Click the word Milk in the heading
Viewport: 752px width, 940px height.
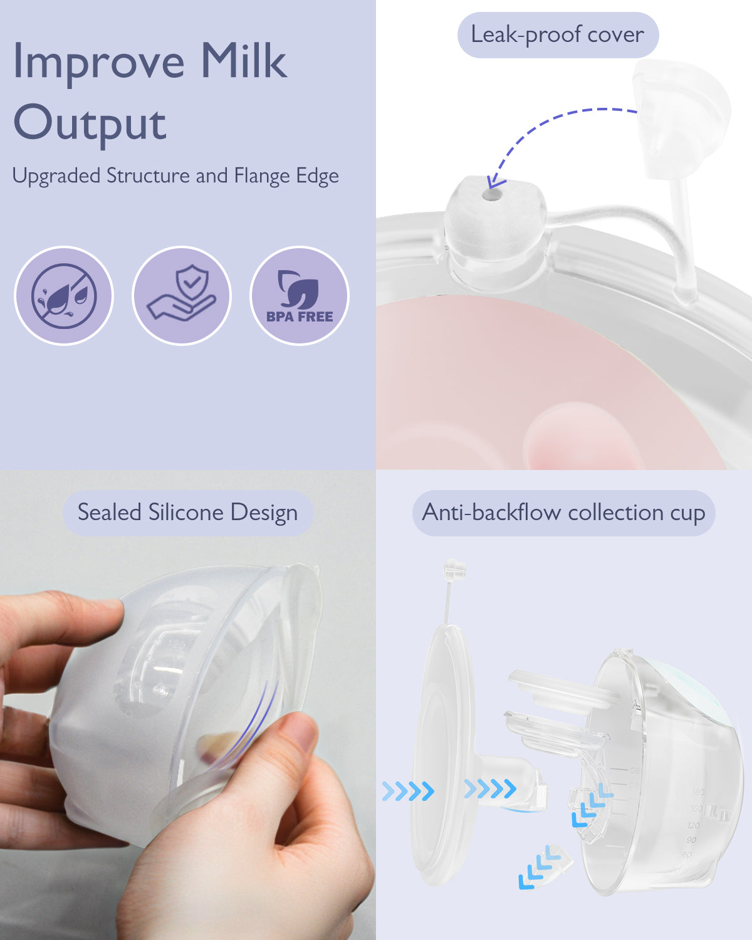[x=243, y=61]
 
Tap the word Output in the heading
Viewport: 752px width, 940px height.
[x=90, y=123]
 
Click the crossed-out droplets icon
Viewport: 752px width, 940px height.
[x=64, y=295]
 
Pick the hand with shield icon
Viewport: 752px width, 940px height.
[x=182, y=295]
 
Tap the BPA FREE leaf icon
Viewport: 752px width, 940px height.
[x=300, y=295]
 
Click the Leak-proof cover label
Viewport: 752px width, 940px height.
[x=557, y=35]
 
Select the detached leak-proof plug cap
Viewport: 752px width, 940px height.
[x=680, y=119]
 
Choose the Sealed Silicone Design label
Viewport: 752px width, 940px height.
[x=187, y=513]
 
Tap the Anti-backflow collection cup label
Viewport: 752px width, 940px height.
[x=563, y=513]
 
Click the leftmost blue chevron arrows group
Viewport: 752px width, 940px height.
[x=408, y=791]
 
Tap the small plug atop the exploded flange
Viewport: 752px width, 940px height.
[x=454, y=570]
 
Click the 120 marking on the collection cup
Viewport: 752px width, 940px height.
[x=693, y=825]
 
